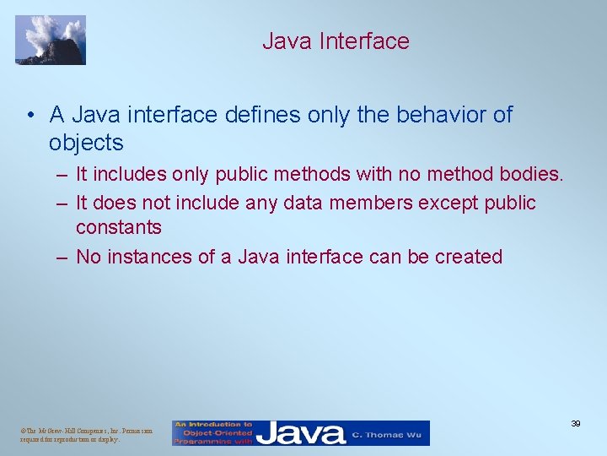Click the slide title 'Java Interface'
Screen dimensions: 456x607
point(336,41)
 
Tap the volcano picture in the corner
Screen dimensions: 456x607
point(51,40)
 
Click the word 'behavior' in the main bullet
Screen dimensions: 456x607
point(418,115)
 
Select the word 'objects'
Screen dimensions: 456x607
point(86,142)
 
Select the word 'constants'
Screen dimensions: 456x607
point(119,227)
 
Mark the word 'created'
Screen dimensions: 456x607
point(468,257)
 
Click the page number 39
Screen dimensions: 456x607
point(576,423)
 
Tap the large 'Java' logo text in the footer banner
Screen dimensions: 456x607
point(301,433)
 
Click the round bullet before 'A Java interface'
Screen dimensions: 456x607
point(30,115)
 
